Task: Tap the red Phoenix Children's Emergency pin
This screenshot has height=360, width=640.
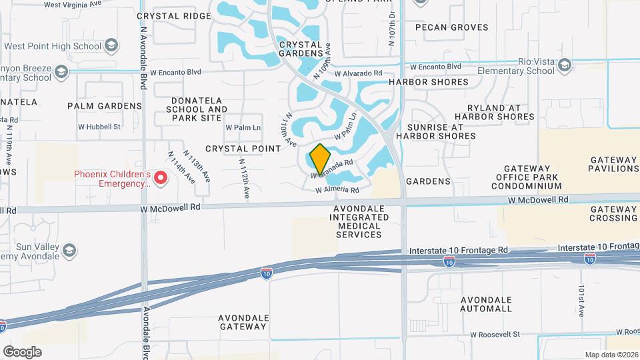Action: pyautogui.click(x=161, y=178)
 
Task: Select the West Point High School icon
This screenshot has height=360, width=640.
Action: pyautogui.click(x=111, y=46)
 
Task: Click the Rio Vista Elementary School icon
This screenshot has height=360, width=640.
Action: pyautogui.click(x=565, y=65)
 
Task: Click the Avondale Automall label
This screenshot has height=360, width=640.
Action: pyautogui.click(x=486, y=304)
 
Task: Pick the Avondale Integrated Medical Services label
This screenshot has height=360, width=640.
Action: pyautogui.click(x=359, y=222)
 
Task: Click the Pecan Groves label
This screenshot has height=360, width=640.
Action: pyautogui.click(x=451, y=28)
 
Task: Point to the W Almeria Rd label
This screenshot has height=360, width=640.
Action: pyautogui.click(x=337, y=190)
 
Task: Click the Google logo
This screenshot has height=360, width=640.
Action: pyautogui.click(x=23, y=352)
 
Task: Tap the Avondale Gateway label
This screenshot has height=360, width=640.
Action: pyautogui.click(x=243, y=322)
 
